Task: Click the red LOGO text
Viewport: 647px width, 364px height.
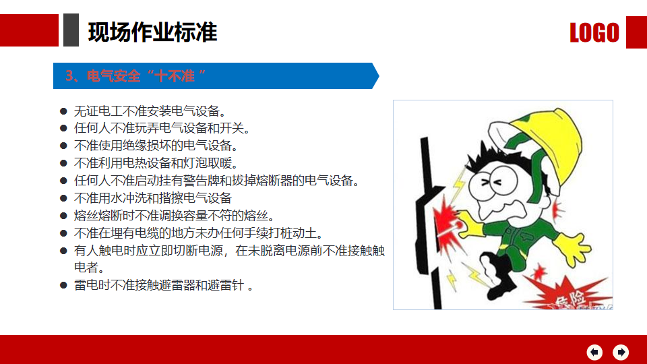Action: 594,32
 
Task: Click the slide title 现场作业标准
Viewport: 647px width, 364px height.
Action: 152,32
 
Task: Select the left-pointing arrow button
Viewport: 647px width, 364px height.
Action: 594,352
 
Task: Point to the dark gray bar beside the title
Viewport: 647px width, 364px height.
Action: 71,30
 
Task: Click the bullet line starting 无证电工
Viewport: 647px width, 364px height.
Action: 150,111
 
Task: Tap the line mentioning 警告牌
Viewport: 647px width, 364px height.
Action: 217,181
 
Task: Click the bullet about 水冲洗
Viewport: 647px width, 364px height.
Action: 153,198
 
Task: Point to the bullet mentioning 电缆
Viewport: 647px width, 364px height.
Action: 198,233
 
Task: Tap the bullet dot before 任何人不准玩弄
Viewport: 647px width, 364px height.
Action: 63,128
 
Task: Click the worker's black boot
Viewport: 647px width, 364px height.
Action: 499,276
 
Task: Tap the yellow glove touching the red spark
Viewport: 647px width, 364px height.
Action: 470,224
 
